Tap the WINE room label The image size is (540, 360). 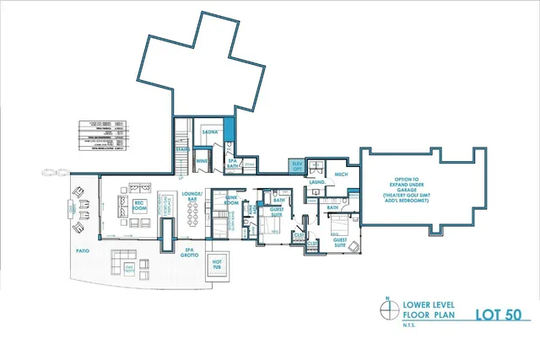[202, 159]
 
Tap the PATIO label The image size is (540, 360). [82, 250]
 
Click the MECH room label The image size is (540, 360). [342, 174]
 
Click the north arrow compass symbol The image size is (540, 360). [386, 310]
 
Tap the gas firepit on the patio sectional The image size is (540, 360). [129, 267]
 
